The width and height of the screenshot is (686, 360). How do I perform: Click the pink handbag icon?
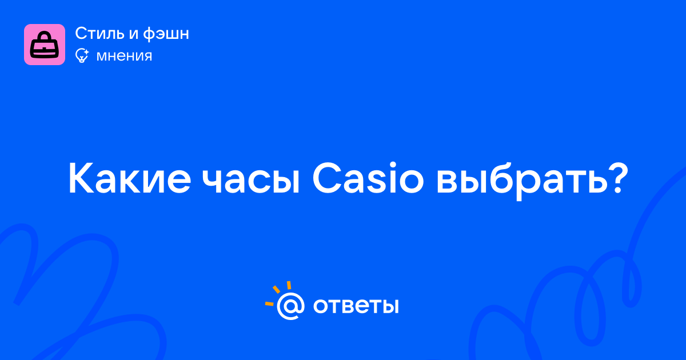[x=45, y=45]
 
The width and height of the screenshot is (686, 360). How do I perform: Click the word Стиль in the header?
[x=100, y=33]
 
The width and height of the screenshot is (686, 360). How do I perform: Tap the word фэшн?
[x=166, y=34]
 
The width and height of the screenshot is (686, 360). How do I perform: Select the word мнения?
[x=125, y=56]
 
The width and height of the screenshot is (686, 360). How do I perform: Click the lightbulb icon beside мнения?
[x=82, y=56]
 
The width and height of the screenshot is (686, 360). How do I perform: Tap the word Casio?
[x=368, y=178]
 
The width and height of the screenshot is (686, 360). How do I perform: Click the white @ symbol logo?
[x=290, y=306]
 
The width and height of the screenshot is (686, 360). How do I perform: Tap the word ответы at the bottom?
[x=356, y=306]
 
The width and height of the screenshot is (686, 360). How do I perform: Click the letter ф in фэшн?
[x=150, y=34]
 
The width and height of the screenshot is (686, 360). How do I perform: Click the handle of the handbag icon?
[x=45, y=36]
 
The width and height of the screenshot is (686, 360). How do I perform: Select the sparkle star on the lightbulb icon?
[x=86, y=52]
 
